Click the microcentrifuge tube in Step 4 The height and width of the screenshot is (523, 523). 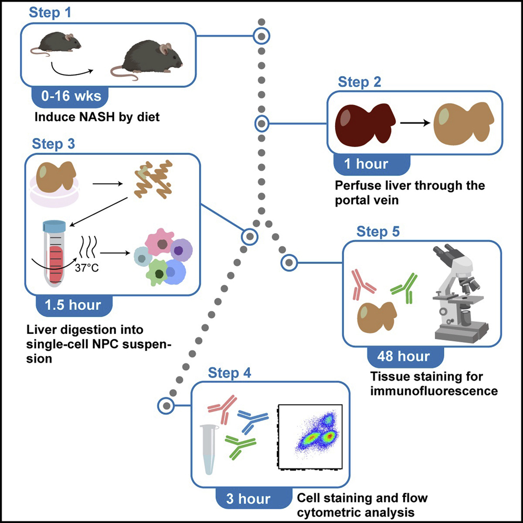tap(210, 449)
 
